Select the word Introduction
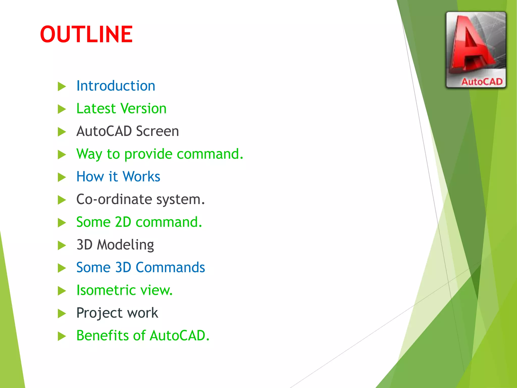click(x=116, y=86)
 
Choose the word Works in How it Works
click(x=141, y=177)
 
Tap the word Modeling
click(x=125, y=245)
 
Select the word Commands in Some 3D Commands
click(x=170, y=268)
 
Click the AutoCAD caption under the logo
click(x=482, y=82)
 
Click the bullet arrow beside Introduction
click(x=62, y=86)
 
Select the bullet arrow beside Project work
click(x=62, y=313)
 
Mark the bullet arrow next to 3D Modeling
click(x=62, y=245)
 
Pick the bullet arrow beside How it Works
click(x=62, y=177)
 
